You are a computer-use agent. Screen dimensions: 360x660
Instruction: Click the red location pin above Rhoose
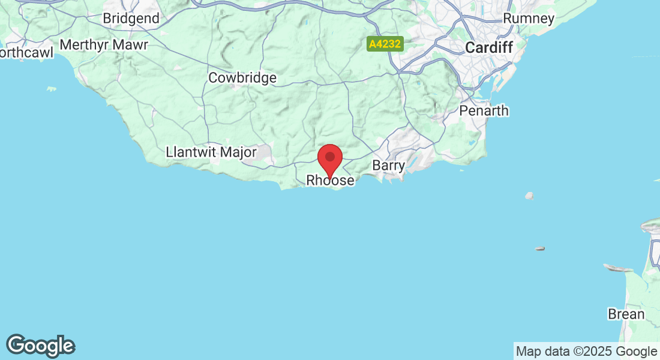click(x=329, y=160)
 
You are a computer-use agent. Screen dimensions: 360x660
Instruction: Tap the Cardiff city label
click(x=490, y=47)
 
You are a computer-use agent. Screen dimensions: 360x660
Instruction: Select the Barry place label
click(x=389, y=165)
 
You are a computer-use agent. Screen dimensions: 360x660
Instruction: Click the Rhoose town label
click(x=330, y=180)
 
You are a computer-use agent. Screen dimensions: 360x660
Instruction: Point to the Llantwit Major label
click(x=211, y=152)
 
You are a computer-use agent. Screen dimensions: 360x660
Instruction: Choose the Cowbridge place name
click(x=242, y=78)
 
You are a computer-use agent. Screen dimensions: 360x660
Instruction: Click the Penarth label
click(x=484, y=110)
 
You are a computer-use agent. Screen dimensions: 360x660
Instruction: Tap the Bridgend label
click(x=131, y=19)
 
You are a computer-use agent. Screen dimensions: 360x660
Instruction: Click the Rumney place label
click(x=529, y=19)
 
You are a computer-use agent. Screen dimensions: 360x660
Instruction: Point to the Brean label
click(x=626, y=314)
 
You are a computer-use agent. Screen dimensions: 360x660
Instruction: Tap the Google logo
click(x=41, y=346)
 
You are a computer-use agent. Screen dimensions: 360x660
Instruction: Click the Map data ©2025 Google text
click(x=586, y=352)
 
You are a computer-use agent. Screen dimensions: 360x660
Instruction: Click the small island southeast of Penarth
click(x=529, y=196)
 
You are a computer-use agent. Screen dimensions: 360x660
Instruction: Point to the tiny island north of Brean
click(x=539, y=248)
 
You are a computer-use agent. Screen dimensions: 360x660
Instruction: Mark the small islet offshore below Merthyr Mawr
click(x=52, y=89)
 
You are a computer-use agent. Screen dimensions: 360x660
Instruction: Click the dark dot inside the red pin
click(x=329, y=157)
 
